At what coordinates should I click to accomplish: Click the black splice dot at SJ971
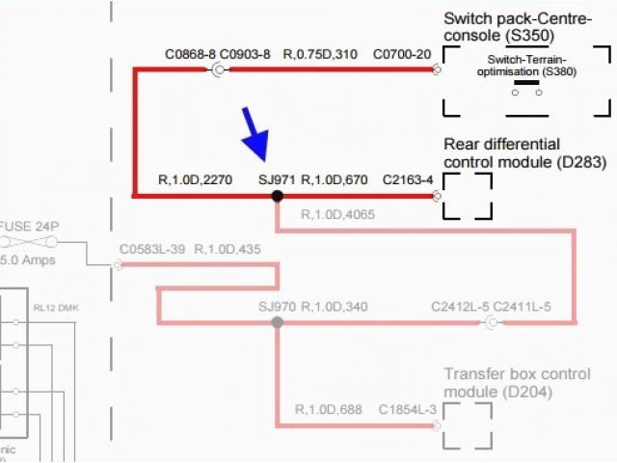point(277,196)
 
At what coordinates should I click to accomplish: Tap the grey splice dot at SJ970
point(277,322)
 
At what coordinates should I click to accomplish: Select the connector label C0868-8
point(191,54)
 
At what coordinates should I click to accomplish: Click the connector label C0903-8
point(245,54)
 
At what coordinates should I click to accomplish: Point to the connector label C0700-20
point(402,54)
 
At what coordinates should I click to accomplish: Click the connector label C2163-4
point(408,179)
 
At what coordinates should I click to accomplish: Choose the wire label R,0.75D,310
point(319,54)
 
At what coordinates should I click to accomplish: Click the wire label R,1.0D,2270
point(195,179)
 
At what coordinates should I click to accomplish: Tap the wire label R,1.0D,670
point(335,179)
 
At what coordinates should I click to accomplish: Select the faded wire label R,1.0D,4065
point(338,214)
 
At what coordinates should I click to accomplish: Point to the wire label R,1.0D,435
point(228,250)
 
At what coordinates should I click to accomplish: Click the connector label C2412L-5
point(459,308)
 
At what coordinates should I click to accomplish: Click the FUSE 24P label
point(30,226)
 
